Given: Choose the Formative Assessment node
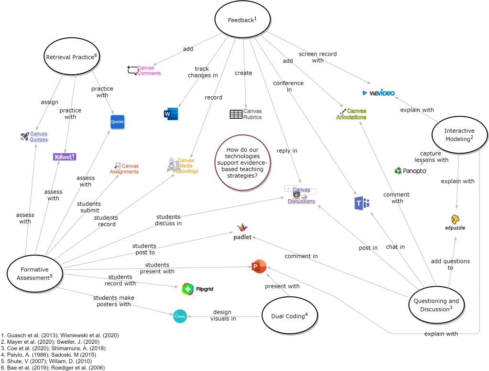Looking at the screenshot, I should coord(35,273).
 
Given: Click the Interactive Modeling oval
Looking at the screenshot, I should coord(459,135).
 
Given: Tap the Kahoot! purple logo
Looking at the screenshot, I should coord(65,157).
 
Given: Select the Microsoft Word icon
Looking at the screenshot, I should coord(171,113).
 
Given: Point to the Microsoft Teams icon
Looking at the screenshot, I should coord(361,203).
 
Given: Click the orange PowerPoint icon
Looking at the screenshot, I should coord(259,267).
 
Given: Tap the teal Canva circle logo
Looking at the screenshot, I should coord(179,316).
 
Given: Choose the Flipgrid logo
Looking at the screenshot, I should coord(197,289).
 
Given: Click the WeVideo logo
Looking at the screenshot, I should coord(378,93).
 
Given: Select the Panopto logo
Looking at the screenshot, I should coord(410,170).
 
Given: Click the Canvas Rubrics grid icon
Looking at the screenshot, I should coord(236,114).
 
